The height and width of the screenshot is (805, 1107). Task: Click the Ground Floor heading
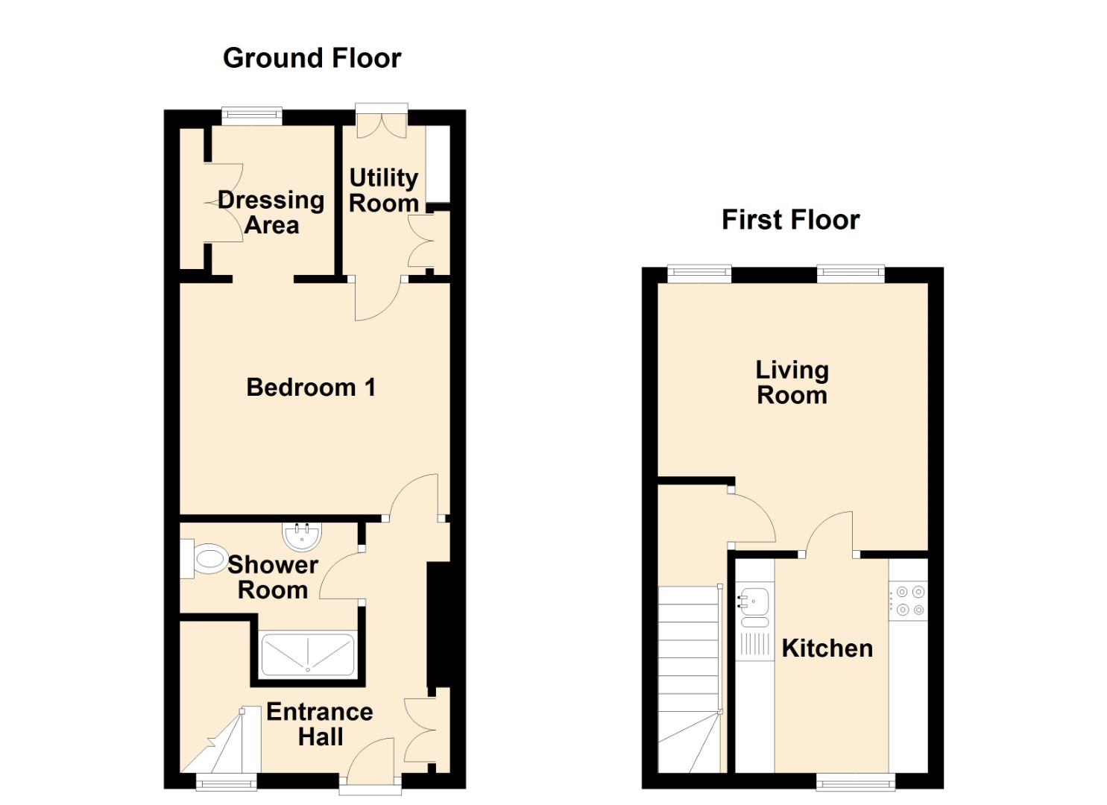[x=312, y=58]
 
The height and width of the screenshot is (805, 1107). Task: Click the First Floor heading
[x=791, y=220]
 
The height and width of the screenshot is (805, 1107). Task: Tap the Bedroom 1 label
[x=311, y=387]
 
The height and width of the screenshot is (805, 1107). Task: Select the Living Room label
[x=792, y=383]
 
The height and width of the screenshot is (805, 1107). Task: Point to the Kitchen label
[x=827, y=648]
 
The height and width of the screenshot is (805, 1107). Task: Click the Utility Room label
[x=383, y=190]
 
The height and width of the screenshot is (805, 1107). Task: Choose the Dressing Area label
[x=271, y=213]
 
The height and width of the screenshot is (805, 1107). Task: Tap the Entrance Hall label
[x=320, y=724]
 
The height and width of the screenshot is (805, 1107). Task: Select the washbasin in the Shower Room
[x=301, y=536]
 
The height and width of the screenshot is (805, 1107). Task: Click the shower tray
[x=307, y=654]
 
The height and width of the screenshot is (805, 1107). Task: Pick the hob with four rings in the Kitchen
[x=908, y=600]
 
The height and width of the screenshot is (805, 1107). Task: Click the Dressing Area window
[x=251, y=116]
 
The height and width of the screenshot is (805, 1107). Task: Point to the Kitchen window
[x=856, y=782]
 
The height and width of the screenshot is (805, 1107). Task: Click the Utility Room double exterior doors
[x=382, y=121]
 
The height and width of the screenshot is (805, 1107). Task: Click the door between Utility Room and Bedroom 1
[x=377, y=298]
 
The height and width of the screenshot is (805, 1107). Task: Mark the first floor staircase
[x=690, y=680]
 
